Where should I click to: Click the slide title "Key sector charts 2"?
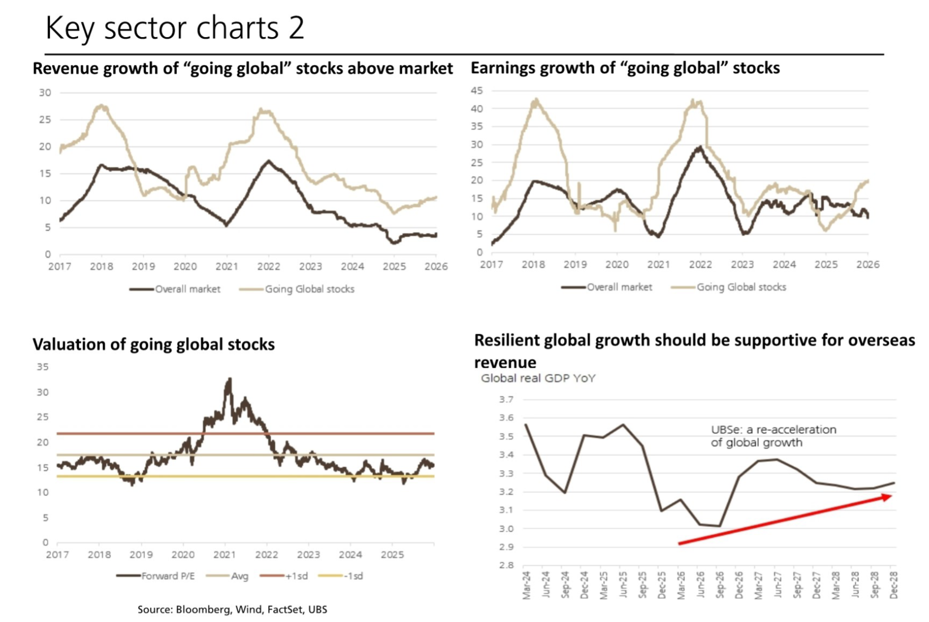[174, 28]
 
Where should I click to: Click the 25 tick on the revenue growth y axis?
[45, 120]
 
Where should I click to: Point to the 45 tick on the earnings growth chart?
[477, 91]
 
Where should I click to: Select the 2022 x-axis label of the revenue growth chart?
[268, 266]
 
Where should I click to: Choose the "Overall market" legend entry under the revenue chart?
[187, 289]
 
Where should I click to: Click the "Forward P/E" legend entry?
[168, 576]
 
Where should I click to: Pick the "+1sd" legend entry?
[296, 576]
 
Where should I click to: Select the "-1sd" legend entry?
[353, 576]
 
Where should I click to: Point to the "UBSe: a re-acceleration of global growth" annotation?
[773, 436]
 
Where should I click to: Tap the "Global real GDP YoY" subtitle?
[538, 378]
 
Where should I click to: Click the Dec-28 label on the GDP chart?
[894, 585]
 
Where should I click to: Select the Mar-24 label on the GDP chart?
[527, 585]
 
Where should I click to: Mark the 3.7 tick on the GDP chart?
[506, 399]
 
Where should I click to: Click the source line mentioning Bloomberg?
[232, 609]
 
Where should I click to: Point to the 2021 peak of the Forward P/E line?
[230, 379]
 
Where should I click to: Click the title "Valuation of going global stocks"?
[154, 344]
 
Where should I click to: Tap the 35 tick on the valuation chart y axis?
[42, 367]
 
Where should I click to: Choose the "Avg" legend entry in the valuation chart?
[239, 576]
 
